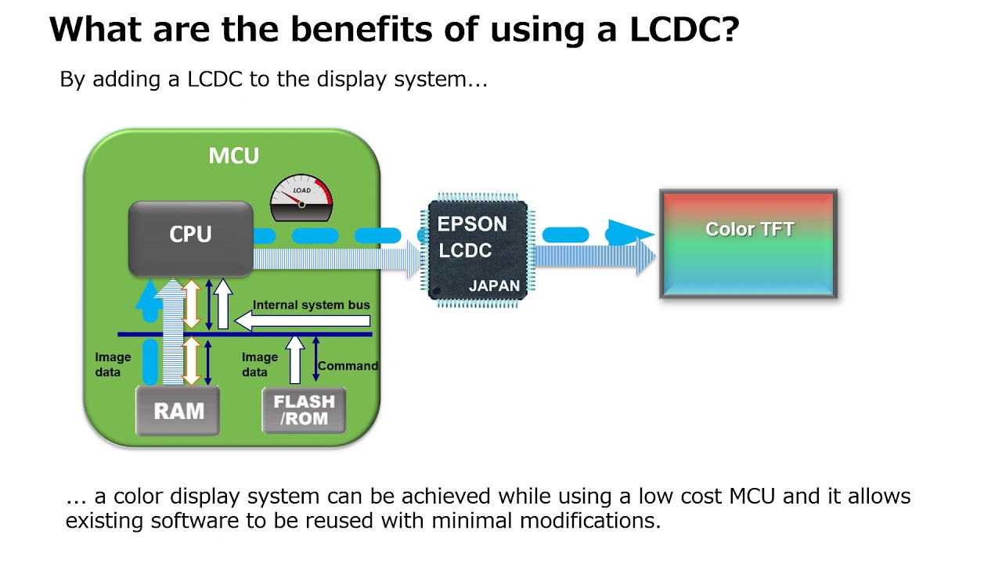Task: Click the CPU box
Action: (190, 235)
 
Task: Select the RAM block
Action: (178, 411)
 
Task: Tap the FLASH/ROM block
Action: (304, 411)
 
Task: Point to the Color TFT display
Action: (749, 244)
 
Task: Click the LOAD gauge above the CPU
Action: (301, 200)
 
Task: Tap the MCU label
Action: (233, 156)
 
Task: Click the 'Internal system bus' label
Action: (311, 305)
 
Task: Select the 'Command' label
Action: (348, 365)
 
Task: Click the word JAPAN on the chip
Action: (494, 286)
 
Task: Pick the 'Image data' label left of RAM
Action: (113, 364)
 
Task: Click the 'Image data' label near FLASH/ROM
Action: (259, 364)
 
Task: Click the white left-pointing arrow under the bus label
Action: (302, 320)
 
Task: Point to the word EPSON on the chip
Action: (472, 224)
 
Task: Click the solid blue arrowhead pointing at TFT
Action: (631, 233)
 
